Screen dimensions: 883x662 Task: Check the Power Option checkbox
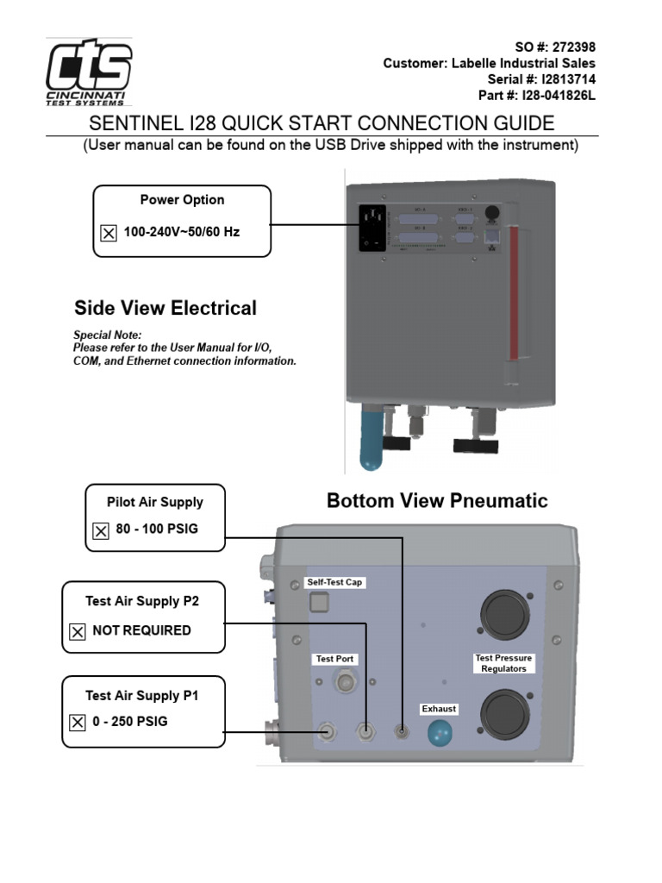pos(109,233)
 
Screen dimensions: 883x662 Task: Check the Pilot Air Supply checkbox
pos(101,530)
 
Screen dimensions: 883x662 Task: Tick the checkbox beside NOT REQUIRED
pos(78,632)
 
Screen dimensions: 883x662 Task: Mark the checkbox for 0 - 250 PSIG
pos(78,723)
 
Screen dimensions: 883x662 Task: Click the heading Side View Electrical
pos(165,308)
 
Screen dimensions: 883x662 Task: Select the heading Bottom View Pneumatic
pos(437,501)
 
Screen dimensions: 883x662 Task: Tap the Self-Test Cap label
pos(335,582)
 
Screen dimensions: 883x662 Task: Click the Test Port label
pos(334,659)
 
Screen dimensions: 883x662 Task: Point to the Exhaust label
pos(439,709)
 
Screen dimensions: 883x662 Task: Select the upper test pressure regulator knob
pos(503,615)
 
